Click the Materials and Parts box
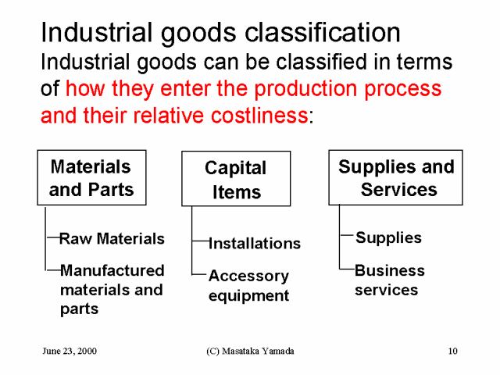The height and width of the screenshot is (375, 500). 92,177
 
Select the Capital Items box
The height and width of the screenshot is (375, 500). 236,179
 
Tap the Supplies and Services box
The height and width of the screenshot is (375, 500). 396,177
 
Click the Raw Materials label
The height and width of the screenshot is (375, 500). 112,238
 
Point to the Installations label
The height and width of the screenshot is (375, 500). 255,243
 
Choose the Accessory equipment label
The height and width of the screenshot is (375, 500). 248,286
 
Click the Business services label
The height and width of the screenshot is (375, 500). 390,280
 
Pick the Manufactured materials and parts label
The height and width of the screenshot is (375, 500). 112,290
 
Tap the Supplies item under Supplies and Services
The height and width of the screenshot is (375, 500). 389,237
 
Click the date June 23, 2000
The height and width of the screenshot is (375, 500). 70,351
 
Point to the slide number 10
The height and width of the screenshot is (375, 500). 453,351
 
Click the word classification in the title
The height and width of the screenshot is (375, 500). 323,33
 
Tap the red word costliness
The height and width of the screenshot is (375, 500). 259,115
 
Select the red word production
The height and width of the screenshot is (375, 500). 305,89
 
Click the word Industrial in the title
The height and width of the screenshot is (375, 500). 97,32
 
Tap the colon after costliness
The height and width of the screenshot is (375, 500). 311,117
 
